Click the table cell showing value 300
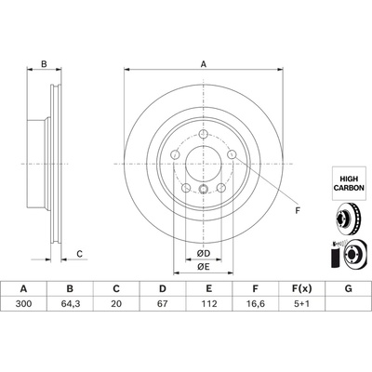(23, 304)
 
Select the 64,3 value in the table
(70, 304)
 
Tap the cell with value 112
(209, 304)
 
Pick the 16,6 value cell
(256, 304)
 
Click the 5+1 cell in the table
(301, 304)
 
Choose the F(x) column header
(301, 289)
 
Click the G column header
(348, 289)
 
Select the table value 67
(163, 304)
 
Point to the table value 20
(116, 304)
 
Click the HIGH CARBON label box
(352, 183)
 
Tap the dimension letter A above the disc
(204, 64)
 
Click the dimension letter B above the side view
(44, 64)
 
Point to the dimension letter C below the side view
(80, 254)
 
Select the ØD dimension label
(204, 254)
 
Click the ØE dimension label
(204, 266)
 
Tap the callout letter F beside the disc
(298, 211)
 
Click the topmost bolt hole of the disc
(203, 134)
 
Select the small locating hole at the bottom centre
(203, 188)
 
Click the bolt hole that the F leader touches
(232, 153)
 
